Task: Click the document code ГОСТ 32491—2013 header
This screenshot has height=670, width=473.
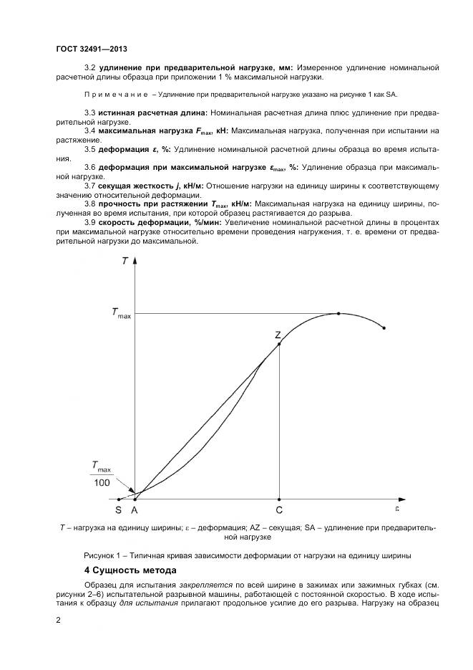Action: pos(91,49)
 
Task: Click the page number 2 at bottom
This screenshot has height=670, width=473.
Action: pos(58,618)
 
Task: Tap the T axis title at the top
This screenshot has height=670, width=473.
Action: pos(125,261)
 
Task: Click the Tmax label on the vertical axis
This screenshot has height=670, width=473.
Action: pos(121,312)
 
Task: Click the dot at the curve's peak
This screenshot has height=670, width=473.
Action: pos(338,313)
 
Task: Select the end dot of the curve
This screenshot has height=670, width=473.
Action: pos(385,328)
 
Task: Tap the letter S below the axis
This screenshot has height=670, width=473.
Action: pos(119,510)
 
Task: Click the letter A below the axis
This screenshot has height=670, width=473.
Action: pos(134,510)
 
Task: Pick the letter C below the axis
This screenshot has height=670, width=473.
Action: pos(279,510)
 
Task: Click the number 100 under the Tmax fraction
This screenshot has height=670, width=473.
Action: pos(101,483)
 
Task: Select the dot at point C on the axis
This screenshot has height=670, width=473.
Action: pos(279,499)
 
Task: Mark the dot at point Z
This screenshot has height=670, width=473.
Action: pos(279,344)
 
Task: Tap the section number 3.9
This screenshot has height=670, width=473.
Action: pos(90,223)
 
